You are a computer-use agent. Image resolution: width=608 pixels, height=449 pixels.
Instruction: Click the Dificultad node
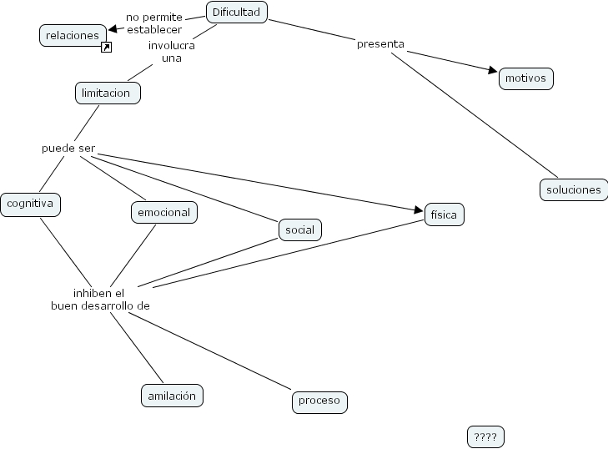[x=236, y=12]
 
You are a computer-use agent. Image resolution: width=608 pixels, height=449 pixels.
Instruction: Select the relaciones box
[x=73, y=35]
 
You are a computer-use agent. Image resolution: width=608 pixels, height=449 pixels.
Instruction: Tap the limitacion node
[x=108, y=93]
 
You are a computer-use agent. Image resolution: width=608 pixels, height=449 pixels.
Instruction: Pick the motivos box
[x=525, y=79]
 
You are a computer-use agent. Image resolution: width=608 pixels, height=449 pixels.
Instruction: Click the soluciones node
[x=573, y=189]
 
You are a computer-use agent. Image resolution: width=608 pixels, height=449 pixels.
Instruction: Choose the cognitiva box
[x=30, y=204]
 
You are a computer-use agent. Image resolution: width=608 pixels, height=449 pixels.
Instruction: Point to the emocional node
[x=163, y=212]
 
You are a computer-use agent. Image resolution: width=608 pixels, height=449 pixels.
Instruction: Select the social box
[x=299, y=230]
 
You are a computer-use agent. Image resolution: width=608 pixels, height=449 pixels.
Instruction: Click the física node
[x=444, y=214]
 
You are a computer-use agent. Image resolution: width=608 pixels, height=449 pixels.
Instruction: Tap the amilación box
[x=172, y=396]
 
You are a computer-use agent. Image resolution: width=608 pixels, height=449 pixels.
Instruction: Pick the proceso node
[x=319, y=401]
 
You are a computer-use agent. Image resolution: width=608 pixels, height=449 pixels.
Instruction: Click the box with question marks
[x=485, y=436]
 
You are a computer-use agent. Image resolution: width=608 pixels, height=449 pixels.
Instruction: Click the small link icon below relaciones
[x=106, y=48]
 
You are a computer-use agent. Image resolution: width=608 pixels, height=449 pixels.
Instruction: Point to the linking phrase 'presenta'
[x=380, y=43]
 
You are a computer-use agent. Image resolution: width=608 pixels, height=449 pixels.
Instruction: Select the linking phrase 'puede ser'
[x=68, y=149]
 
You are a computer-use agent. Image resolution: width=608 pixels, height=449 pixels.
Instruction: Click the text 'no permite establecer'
[x=154, y=23]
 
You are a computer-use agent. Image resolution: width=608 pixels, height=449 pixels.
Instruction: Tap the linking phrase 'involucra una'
[x=172, y=51]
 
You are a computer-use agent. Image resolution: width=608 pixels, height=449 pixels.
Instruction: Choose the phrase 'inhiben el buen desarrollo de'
[x=100, y=300]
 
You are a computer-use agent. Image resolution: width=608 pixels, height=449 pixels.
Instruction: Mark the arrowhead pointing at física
[x=419, y=209]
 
